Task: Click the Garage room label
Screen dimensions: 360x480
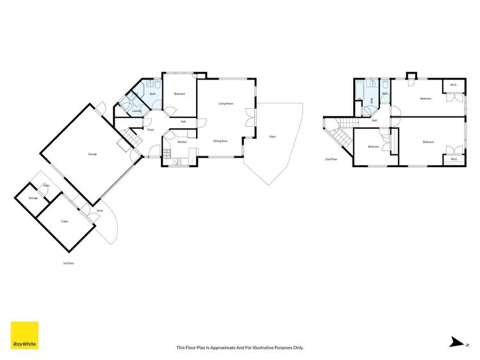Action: [92, 154]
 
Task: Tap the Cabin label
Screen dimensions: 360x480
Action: [64, 222]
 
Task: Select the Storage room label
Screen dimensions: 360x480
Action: [33, 198]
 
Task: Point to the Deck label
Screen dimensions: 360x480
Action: [99, 211]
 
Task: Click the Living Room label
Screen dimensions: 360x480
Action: [225, 103]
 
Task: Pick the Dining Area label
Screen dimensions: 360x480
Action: [220, 141]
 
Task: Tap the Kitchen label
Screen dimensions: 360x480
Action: [182, 142]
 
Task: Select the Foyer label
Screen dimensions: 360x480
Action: [151, 130]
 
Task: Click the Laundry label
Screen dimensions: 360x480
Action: [137, 111]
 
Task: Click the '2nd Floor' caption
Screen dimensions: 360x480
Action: [331, 159]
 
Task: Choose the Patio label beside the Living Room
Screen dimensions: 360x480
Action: [272, 136]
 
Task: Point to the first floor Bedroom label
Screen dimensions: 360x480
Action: [179, 94]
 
